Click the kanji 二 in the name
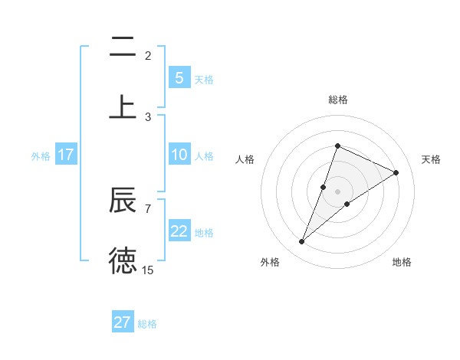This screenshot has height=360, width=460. [x=123, y=48]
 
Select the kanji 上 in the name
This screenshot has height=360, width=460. [x=123, y=106]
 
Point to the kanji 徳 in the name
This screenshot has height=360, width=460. [x=123, y=260]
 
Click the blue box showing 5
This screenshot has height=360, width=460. [x=179, y=77]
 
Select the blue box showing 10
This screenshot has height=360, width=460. [x=179, y=155]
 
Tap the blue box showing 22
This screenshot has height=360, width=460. [x=179, y=231]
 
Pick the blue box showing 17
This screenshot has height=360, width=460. [x=65, y=155]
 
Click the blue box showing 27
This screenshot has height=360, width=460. [x=123, y=322]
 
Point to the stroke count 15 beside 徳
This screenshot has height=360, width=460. [x=148, y=270]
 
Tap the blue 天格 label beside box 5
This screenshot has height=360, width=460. [x=204, y=80]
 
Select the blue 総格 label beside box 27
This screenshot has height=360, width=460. [x=147, y=324]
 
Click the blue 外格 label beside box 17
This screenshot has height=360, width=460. [x=41, y=156]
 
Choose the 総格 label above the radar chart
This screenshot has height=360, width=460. [x=338, y=100]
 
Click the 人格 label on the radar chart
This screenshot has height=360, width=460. [x=245, y=159]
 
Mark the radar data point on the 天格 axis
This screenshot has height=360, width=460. [x=396, y=172]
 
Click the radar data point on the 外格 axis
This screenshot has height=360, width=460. [x=301, y=242]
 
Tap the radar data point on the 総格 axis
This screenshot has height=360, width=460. [x=337, y=146]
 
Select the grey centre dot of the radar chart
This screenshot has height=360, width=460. [x=337, y=191]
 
